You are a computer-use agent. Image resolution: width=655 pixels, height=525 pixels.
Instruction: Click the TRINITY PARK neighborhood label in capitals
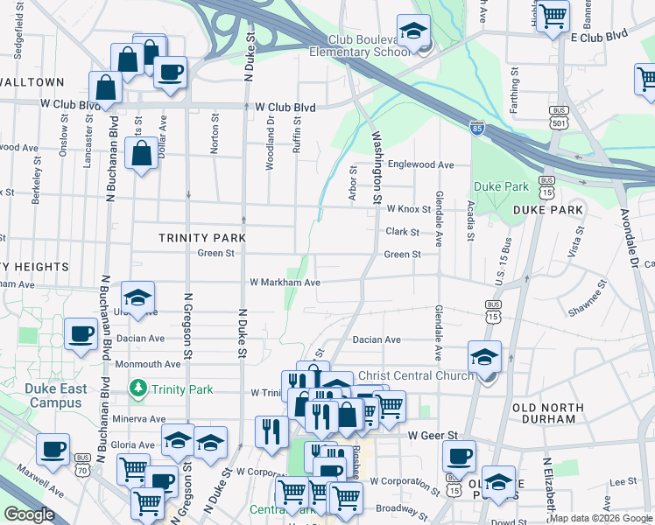point(201,238)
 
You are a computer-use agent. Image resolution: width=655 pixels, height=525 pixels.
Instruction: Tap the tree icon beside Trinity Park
point(137,387)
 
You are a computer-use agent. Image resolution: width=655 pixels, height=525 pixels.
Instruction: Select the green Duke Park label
point(501,186)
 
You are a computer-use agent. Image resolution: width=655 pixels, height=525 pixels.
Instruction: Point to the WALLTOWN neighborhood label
point(32,81)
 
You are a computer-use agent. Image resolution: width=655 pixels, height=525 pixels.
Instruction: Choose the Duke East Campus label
point(55,395)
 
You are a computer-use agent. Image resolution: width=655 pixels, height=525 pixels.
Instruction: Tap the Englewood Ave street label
point(421,164)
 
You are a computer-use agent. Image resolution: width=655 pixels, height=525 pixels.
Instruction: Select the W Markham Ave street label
point(285,283)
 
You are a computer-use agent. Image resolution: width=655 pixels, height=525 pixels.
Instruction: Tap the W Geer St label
point(433,435)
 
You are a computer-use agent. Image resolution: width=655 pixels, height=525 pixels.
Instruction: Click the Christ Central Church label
point(416,375)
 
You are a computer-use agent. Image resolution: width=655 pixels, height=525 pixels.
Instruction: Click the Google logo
point(29,514)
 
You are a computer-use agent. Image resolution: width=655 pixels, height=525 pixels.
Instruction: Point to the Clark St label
point(403,232)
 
